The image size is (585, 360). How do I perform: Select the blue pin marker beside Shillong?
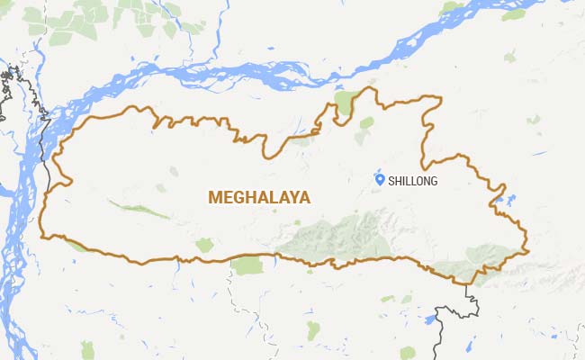point(380,180)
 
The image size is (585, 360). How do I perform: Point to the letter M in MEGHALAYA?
point(215,196)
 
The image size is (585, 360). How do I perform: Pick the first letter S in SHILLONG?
point(391,181)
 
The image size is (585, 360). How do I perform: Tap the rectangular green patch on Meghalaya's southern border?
point(246,264)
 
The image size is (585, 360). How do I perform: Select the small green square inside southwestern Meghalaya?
point(204,244)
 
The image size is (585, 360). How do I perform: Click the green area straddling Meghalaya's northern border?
point(344,104)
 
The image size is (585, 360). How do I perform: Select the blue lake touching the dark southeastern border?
point(432,319)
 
